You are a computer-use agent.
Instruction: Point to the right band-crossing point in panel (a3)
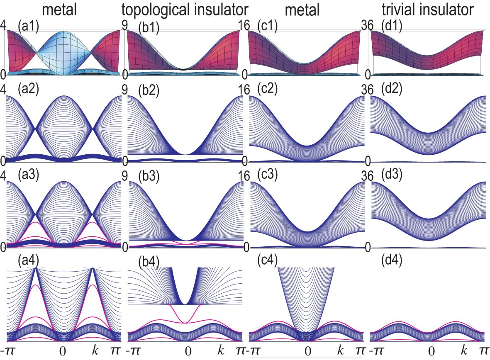[93, 214]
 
